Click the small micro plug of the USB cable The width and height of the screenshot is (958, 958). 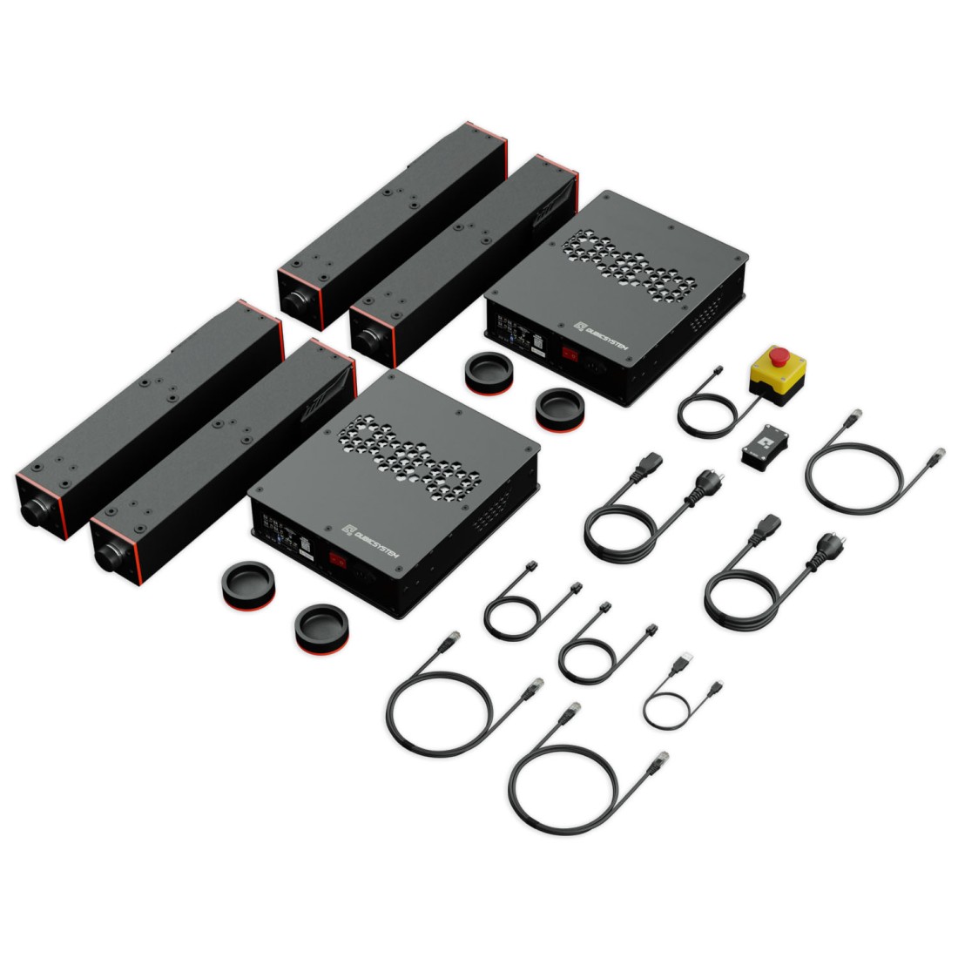(716, 688)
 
